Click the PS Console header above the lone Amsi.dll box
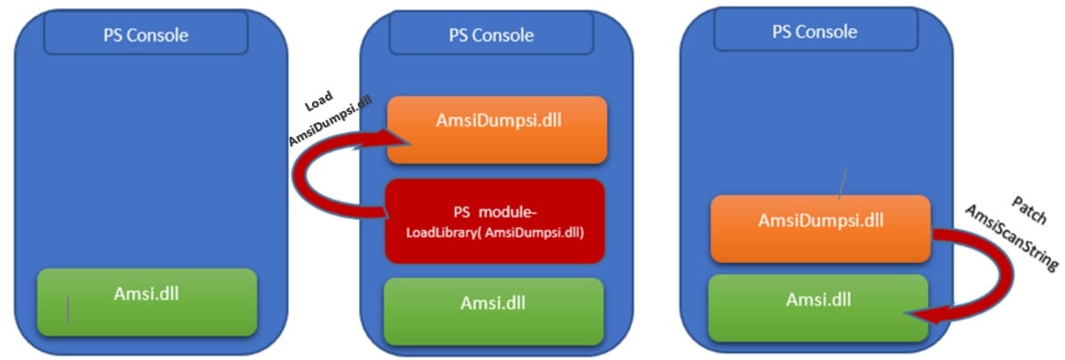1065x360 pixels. click(x=145, y=35)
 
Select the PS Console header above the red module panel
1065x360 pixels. click(x=490, y=35)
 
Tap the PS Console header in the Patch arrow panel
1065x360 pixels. click(x=815, y=31)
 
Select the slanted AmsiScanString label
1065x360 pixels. click(x=1015, y=236)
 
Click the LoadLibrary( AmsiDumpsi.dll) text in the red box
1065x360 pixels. click(x=495, y=233)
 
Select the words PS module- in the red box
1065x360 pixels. click(x=493, y=211)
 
